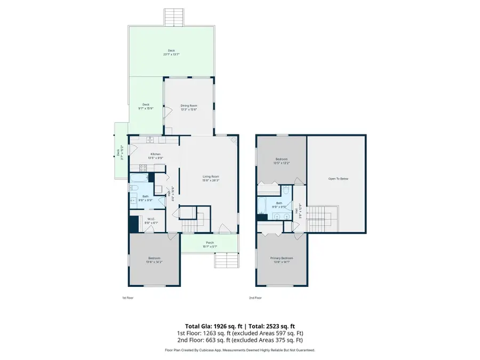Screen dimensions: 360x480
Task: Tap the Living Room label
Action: [210, 177]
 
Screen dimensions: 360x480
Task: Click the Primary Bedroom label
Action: [281, 258]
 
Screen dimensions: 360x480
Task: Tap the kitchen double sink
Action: [151, 140]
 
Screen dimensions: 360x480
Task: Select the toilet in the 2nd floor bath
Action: [286, 190]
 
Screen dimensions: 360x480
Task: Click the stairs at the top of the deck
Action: [173, 17]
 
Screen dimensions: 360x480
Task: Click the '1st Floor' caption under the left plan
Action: [129, 298]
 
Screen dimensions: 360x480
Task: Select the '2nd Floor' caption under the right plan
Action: [255, 298]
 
